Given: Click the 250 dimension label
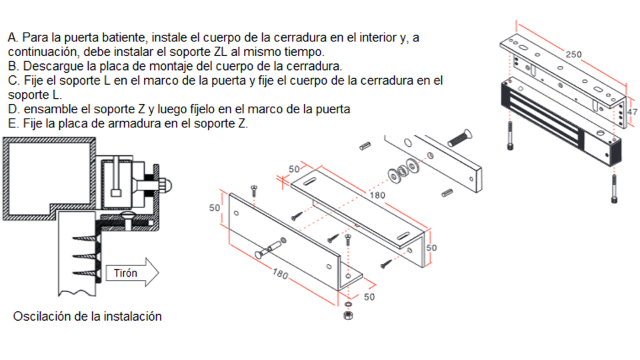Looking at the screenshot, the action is pyautogui.click(x=573, y=54).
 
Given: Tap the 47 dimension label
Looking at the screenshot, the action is pyautogui.click(x=633, y=112).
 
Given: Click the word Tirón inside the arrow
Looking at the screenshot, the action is pyautogui.click(x=125, y=273).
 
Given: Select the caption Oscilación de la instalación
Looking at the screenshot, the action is pyautogui.click(x=87, y=316).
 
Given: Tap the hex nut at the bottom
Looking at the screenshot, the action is pyautogui.click(x=348, y=315).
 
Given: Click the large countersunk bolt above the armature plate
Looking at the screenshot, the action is pyautogui.click(x=460, y=138).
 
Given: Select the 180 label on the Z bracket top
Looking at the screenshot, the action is pyautogui.click(x=377, y=195).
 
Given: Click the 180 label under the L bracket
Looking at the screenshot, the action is pyautogui.click(x=281, y=273).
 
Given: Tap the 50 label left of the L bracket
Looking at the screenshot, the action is pyautogui.click(x=215, y=208).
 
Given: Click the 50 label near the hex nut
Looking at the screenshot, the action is pyautogui.click(x=369, y=297).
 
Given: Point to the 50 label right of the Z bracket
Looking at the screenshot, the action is pyautogui.click(x=431, y=248).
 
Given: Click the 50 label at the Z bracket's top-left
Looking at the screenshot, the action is pyautogui.click(x=294, y=169).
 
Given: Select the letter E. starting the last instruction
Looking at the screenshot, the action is pyautogui.click(x=13, y=123).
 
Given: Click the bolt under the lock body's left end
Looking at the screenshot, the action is pyautogui.click(x=510, y=135).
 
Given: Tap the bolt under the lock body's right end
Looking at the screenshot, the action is pyautogui.click(x=614, y=188).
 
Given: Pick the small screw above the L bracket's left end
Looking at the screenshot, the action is pyautogui.click(x=254, y=191).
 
